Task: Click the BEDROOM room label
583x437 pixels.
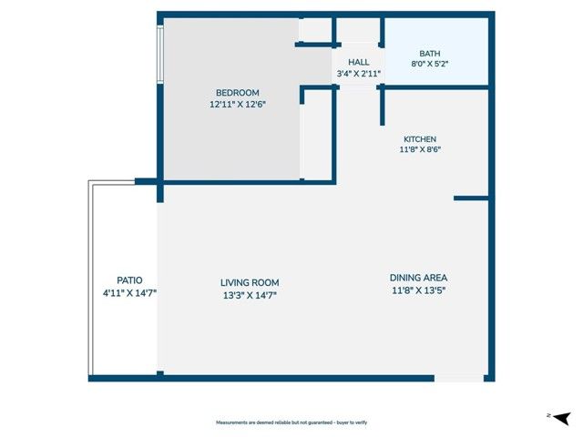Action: click(x=237, y=93)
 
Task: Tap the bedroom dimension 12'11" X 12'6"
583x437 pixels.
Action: click(x=237, y=105)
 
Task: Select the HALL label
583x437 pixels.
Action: click(x=358, y=62)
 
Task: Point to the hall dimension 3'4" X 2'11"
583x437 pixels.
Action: click(x=358, y=74)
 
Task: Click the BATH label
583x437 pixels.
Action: click(x=428, y=53)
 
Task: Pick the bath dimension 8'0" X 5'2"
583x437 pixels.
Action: click(x=428, y=65)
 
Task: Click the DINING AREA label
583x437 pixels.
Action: click(x=418, y=278)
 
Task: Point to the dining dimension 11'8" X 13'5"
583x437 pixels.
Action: click(x=418, y=290)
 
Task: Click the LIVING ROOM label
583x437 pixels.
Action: click(x=250, y=282)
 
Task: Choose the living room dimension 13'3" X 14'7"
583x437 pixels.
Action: click(x=250, y=294)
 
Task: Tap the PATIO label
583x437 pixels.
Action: click(x=129, y=280)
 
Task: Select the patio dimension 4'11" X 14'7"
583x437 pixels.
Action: click(x=129, y=292)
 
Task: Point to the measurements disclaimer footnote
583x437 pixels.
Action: click(x=291, y=423)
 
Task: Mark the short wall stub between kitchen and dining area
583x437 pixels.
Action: click(x=471, y=198)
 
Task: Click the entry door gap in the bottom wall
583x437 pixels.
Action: click(x=459, y=378)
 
